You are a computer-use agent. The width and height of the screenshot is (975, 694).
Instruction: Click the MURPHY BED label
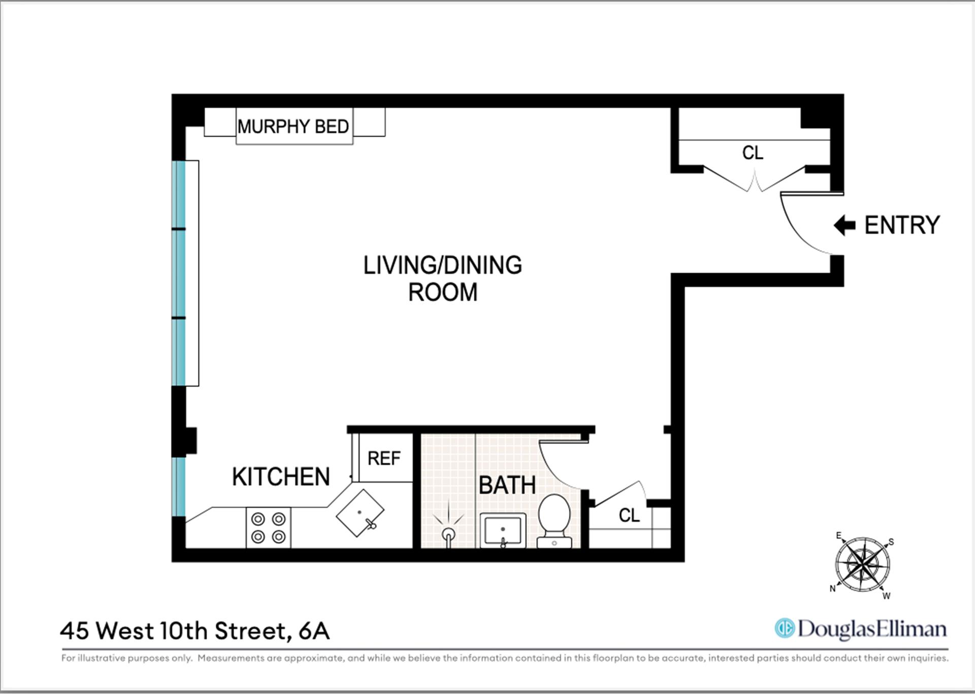[x=294, y=127]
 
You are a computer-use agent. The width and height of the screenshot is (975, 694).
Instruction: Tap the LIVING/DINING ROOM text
[x=442, y=278]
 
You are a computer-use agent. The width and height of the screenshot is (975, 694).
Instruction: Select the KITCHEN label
[x=281, y=477]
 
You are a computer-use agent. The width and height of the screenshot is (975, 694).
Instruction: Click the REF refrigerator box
[x=384, y=458]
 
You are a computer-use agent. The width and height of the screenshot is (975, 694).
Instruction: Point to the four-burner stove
[x=268, y=528]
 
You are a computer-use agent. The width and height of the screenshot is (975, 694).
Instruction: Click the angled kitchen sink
[x=360, y=513]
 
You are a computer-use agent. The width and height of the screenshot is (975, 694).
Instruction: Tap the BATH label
[x=507, y=485]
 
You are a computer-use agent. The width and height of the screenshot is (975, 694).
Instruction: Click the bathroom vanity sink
[x=503, y=530]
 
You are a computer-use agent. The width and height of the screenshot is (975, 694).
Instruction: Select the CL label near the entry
[x=752, y=153]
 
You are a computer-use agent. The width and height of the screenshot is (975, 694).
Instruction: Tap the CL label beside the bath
[x=629, y=516]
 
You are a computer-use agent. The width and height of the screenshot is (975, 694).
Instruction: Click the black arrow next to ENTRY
[x=845, y=225]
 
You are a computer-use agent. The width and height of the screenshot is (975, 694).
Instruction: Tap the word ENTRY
[x=902, y=225]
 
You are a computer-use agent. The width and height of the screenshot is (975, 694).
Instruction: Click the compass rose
[x=862, y=564]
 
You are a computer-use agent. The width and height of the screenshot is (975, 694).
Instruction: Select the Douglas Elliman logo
[x=860, y=629]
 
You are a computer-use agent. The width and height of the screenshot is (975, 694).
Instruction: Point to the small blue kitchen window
[x=178, y=487]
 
